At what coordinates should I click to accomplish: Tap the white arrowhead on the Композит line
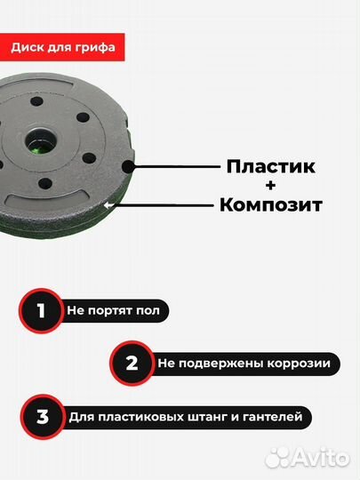pos(108,205)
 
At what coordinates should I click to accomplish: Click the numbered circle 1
pos(38,311)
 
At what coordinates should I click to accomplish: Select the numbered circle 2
pos(132,363)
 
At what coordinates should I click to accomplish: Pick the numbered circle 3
pos(38,415)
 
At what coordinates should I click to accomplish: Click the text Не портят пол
pos(115,312)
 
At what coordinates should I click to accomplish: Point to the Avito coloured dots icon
pos(278,457)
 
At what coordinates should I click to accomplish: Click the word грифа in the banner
pos(96,46)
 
